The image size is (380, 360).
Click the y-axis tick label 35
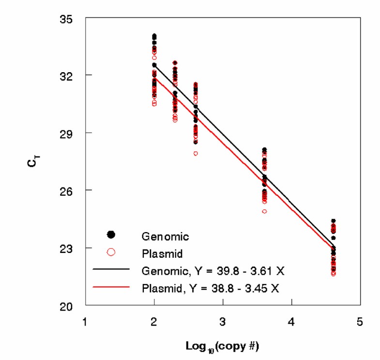tap(72, 19)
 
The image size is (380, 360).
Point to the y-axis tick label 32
tap(72, 76)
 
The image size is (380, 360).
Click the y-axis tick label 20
tap(72, 306)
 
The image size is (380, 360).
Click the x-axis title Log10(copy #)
tap(222, 347)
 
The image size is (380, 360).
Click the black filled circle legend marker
tap(111, 235)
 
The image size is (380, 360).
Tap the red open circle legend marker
tap(111, 251)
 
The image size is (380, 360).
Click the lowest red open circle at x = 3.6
tap(264, 211)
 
